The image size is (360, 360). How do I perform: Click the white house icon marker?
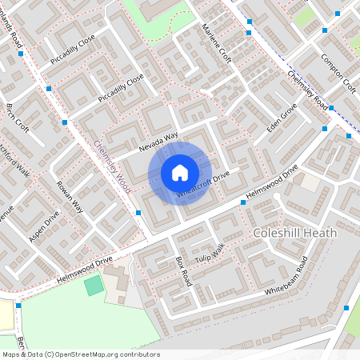point(180,172)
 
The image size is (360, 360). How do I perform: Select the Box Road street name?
point(183,272)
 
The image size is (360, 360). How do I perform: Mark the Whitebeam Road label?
point(286,277)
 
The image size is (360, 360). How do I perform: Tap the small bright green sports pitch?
point(94,285)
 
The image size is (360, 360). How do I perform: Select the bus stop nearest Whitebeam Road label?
point(346,307)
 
